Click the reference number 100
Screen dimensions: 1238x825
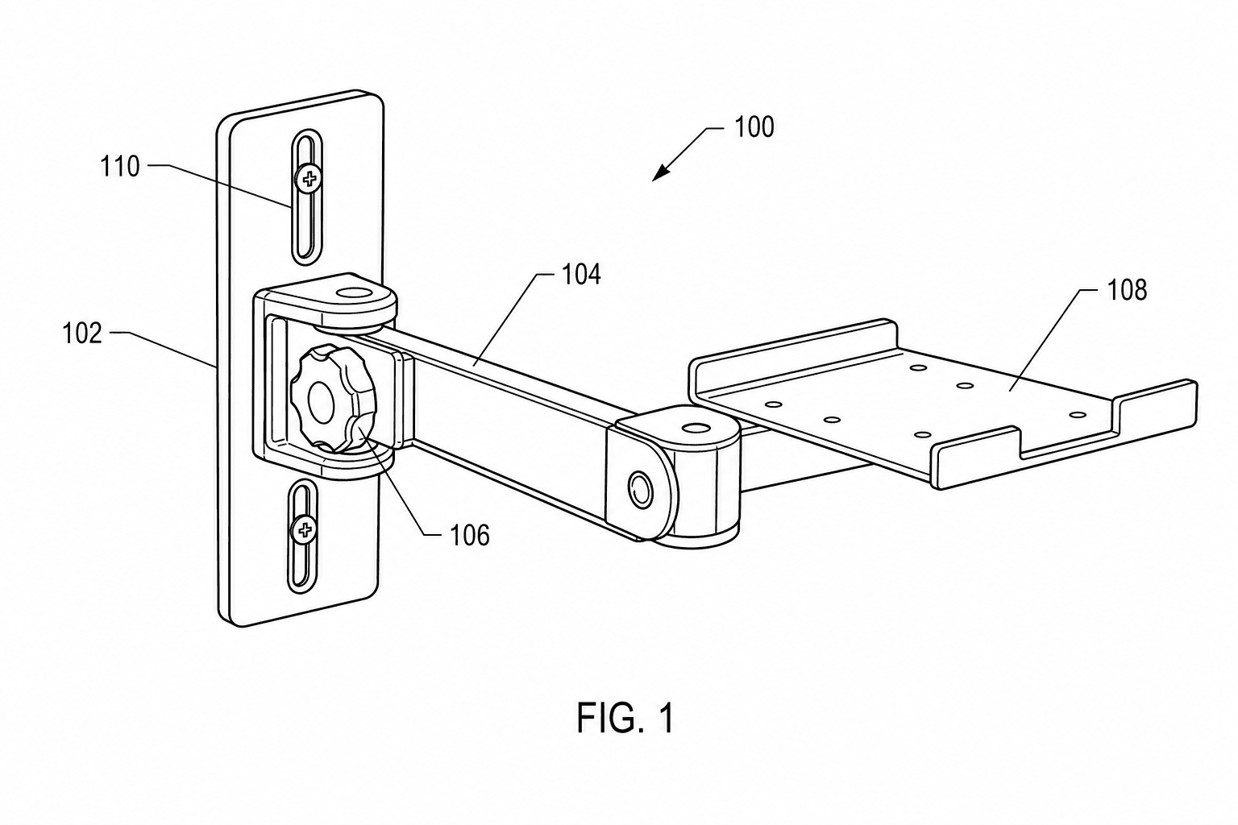(x=754, y=127)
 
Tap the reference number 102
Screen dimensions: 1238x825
(x=82, y=334)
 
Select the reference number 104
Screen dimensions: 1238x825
(x=581, y=274)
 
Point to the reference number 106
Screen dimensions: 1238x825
(x=470, y=535)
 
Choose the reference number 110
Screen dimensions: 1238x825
(x=119, y=166)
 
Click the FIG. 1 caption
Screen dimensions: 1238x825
(x=625, y=718)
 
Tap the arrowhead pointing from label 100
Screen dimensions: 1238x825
(x=660, y=172)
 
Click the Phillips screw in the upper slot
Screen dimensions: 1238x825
(x=308, y=179)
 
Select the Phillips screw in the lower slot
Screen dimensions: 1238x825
(x=303, y=530)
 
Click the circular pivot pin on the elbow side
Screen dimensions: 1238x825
(x=641, y=488)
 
